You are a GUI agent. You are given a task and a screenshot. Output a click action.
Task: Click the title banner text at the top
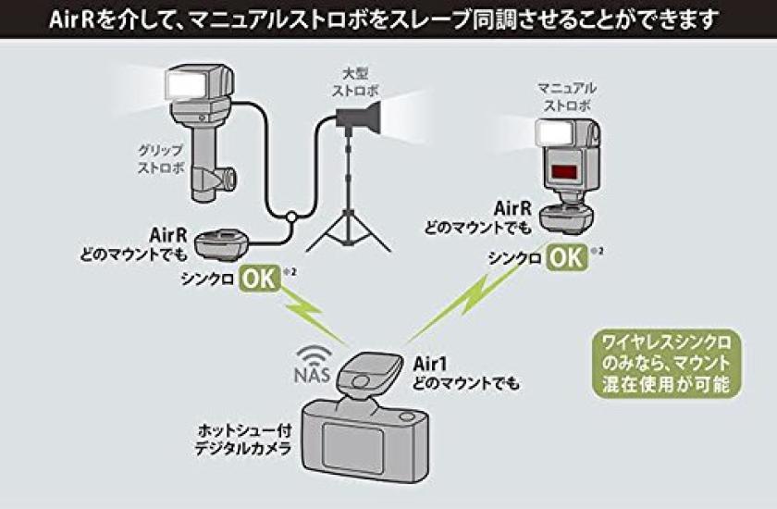(x=388, y=18)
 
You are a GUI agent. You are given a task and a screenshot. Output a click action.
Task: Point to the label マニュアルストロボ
(x=565, y=96)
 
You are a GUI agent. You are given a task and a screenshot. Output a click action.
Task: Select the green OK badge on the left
(x=261, y=278)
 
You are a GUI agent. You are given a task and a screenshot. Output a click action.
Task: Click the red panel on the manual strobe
(x=565, y=171)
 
